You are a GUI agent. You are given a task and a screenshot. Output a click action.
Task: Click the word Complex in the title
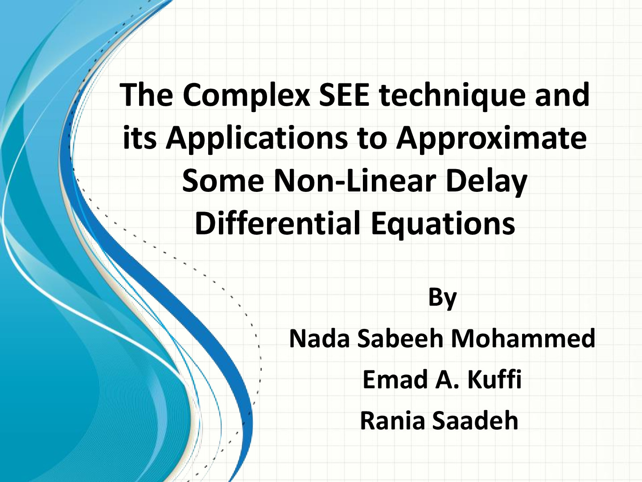pos(247,96)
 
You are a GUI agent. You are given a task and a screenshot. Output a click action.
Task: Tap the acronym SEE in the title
pos(344,95)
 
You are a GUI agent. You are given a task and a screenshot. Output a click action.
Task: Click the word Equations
pos(443,224)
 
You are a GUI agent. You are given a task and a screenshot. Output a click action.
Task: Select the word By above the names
pos(442,298)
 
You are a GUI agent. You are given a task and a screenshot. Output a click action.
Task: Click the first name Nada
pos(319,338)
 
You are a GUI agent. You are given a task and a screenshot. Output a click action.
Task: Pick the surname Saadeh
pos(475,420)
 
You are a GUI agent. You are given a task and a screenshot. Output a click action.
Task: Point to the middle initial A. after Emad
pos(448,379)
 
